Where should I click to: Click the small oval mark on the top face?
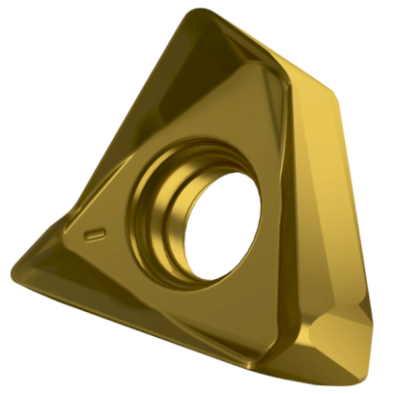tap(94, 234)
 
